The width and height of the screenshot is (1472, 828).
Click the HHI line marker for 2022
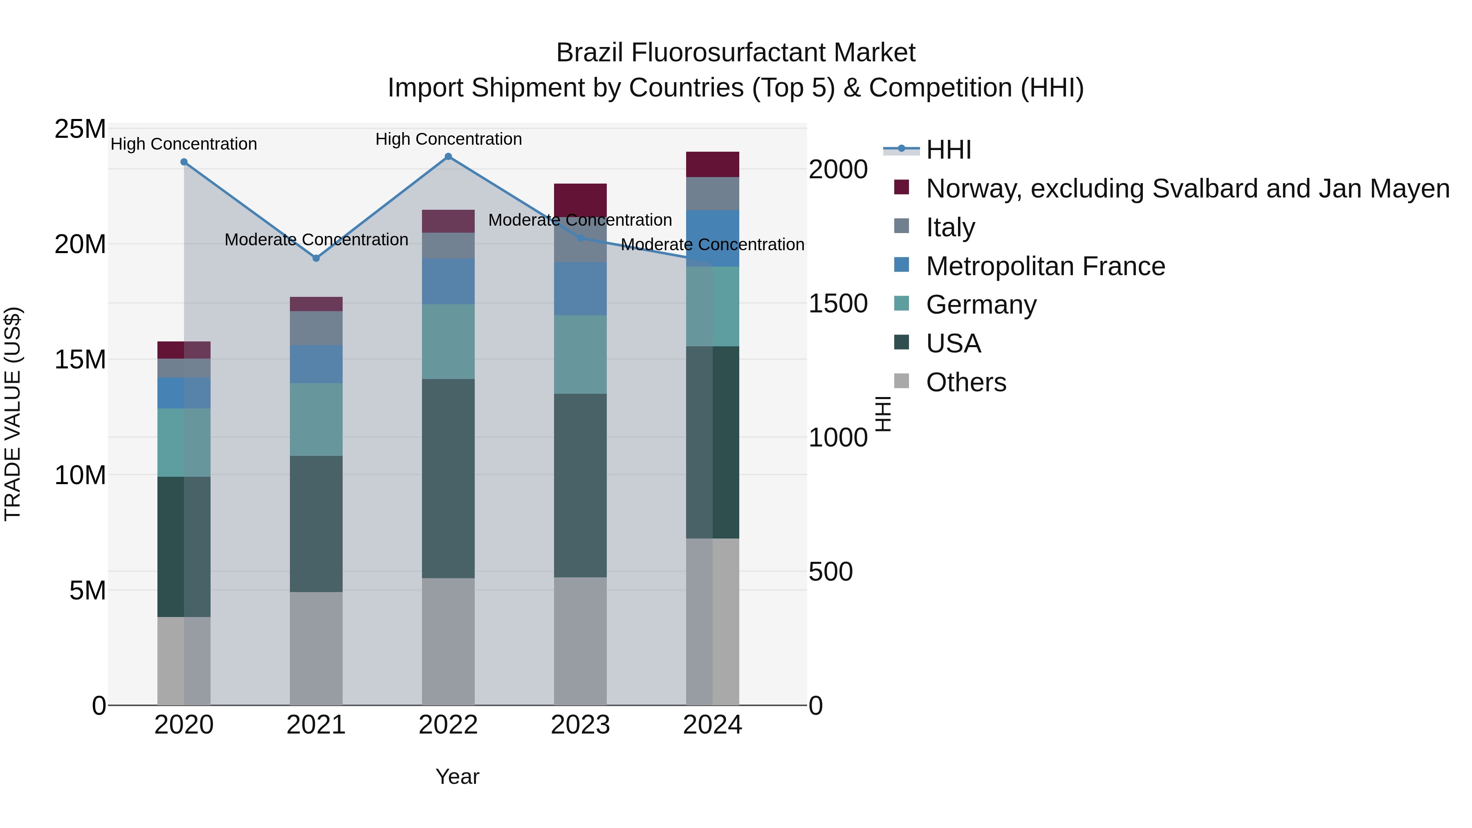449,157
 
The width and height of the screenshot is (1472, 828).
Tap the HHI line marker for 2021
316,258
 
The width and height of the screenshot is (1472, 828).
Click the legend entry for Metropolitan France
1045,266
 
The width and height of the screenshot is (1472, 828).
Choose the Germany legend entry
981,305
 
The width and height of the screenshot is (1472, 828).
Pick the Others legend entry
966,382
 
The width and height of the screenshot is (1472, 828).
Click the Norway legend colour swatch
902,187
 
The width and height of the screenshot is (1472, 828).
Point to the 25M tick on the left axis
80,129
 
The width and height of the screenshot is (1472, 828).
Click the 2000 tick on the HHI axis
838,170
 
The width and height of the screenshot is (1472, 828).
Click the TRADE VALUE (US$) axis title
13,414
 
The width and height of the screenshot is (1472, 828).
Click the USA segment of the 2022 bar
448,479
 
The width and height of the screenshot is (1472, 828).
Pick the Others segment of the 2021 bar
316,648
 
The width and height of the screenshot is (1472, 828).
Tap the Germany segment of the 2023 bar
580,354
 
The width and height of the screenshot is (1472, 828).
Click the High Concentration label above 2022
449,139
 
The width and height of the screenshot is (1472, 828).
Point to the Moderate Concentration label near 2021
316,240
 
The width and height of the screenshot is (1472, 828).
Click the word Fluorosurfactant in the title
730,53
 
